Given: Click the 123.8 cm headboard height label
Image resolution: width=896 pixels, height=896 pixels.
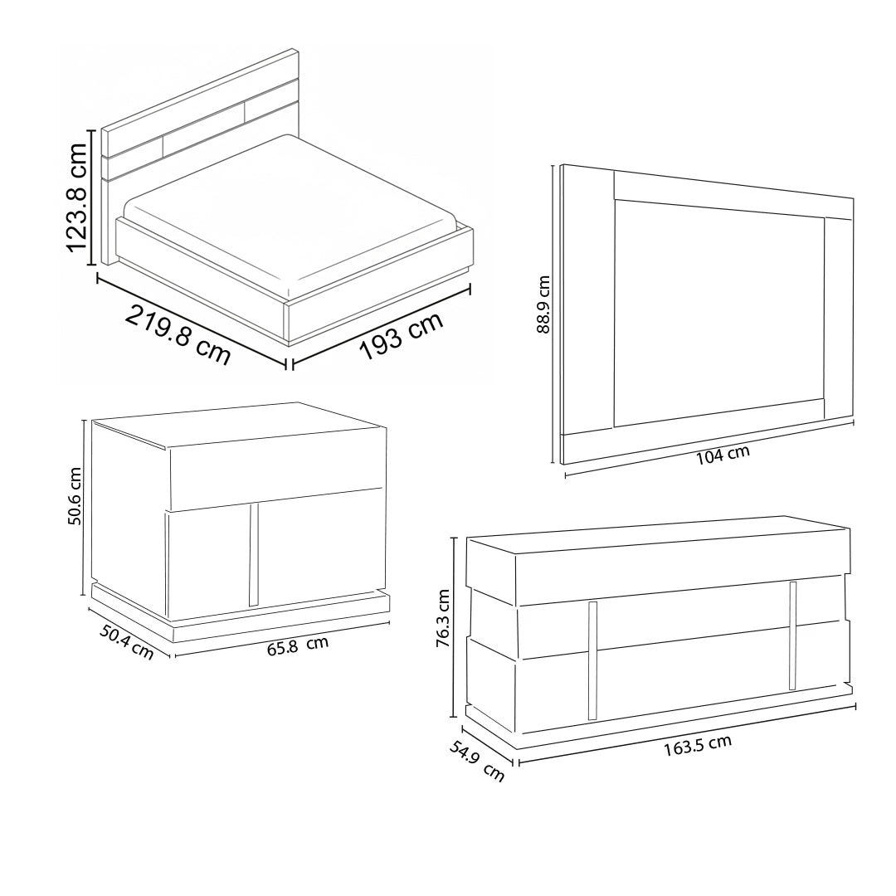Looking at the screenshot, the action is tap(76, 197).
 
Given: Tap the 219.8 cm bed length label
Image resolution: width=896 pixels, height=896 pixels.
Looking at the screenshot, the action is tap(178, 335).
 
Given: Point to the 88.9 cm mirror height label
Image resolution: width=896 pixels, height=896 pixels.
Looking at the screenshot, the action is tap(543, 304).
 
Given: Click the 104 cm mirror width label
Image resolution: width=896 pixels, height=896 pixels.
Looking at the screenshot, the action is tap(723, 455).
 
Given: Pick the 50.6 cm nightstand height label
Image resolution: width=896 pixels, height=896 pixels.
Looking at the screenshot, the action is tap(75, 496).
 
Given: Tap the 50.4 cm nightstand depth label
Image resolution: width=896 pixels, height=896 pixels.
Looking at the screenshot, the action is tap(127, 641).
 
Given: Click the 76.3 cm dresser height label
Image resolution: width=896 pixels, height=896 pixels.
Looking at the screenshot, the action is tap(443, 618).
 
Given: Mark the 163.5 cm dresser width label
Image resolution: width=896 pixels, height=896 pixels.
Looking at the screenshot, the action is tap(697, 746).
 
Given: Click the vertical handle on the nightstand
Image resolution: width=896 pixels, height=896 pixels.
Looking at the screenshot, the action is tap(254, 555).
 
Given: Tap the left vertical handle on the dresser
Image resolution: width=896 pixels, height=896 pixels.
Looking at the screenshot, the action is tap(592, 660).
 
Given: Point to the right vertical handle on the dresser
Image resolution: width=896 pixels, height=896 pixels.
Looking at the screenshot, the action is tap(792, 635).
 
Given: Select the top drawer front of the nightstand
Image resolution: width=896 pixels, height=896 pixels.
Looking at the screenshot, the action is tap(276, 469).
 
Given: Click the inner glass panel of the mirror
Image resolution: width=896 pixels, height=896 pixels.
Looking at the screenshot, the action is tap(718, 313).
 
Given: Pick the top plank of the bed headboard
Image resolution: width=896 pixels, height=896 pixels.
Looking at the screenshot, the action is tap(200, 92).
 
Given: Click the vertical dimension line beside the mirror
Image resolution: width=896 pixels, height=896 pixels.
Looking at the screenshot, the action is tap(553, 314).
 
